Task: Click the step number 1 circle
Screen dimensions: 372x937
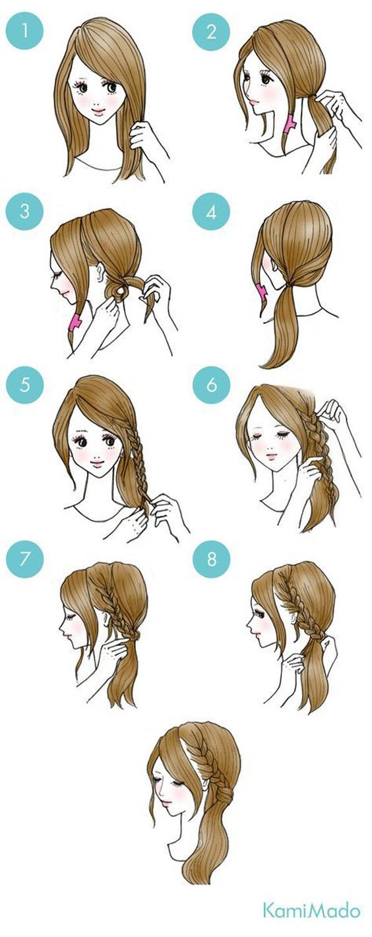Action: click(x=24, y=30)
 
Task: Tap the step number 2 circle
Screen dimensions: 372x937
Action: click(x=211, y=30)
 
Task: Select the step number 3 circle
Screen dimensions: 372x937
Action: click(x=24, y=211)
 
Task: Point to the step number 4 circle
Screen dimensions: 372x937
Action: click(x=211, y=211)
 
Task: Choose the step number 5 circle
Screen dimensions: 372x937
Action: click(x=24, y=385)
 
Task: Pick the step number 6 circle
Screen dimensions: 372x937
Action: click(x=212, y=385)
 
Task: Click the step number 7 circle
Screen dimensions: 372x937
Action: click(x=24, y=558)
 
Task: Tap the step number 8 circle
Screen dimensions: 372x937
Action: click(x=212, y=558)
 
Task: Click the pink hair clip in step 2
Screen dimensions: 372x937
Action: click(x=289, y=124)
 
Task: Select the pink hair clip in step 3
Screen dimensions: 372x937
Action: click(x=75, y=322)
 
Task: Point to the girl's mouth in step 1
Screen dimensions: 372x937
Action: click(x=98, y=112)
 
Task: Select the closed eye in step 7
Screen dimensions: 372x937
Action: click(x=70, y=616)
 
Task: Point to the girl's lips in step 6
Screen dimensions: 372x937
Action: click(x=271, y=455)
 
